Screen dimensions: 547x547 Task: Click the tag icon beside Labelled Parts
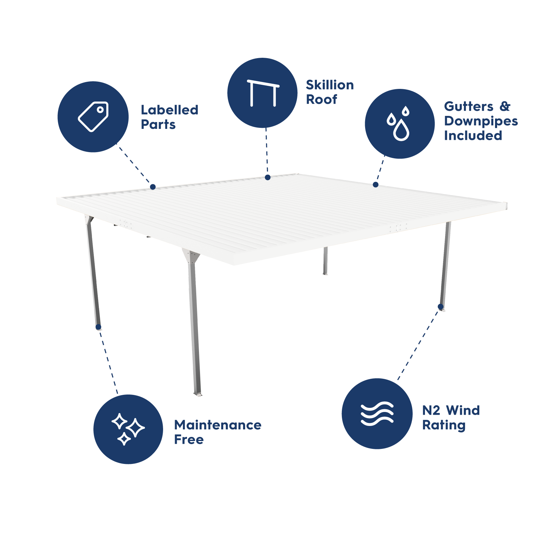tap(93, 117)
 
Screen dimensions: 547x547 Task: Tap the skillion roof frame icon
tap(263, 93)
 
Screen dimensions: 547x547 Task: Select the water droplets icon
tap(399, 123)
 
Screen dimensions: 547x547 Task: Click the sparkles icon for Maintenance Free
tap(128, 429)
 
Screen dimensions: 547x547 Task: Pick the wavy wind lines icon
tap(377, 414)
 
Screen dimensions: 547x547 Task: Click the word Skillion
tap(330, 85)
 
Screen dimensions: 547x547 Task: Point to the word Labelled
tap(170, 110)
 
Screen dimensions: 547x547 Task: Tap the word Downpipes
tap(481, 121)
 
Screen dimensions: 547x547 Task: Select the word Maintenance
tap(218, 425)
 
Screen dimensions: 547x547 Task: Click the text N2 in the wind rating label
tap(431, 410)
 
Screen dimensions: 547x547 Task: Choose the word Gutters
tap(469, 106)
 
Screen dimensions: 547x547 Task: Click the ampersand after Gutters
tap(505, 106)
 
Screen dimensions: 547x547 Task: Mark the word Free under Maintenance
tap(189, 439)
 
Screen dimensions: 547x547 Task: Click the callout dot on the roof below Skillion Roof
tap(268, 177)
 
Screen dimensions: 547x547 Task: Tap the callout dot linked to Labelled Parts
tap(153, 187)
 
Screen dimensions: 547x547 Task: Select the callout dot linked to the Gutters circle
tap(376, 185)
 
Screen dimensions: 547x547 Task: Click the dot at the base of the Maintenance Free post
tap(98, 327)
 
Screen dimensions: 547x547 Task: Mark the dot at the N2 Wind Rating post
tap(441, 307)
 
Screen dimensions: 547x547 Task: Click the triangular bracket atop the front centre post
tap(191, 256)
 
